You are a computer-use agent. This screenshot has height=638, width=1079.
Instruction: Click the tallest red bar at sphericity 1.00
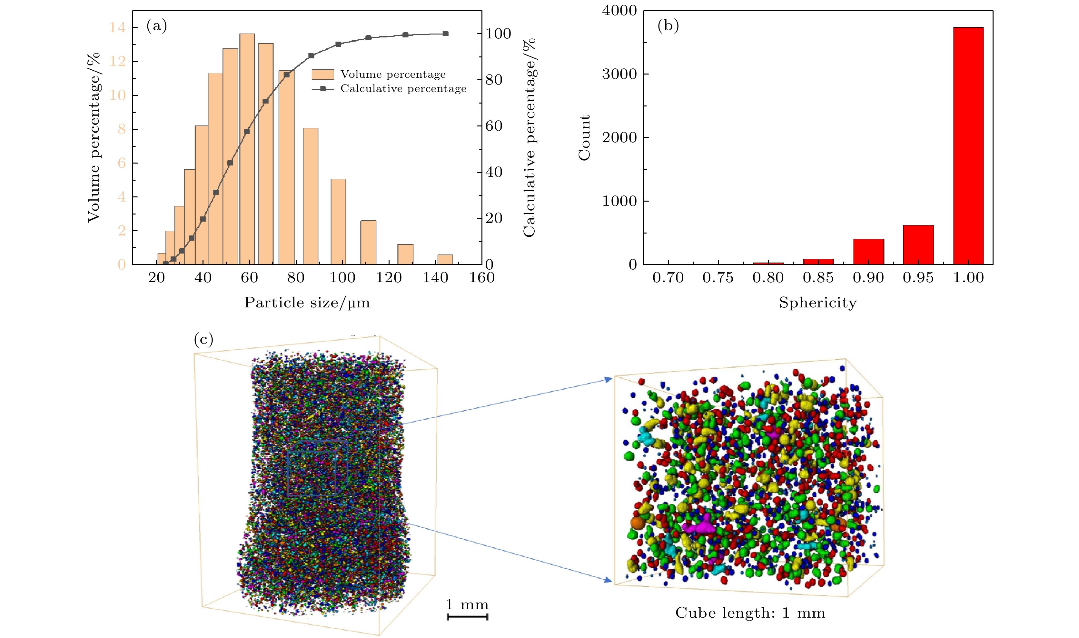coord(968,146)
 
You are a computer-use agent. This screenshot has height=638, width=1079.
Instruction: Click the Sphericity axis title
coord(818,303)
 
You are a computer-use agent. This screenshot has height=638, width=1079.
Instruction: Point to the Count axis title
coord(584,138)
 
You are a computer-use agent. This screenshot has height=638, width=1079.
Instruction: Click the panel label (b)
coord(668,26)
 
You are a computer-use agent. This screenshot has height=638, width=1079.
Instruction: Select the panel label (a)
coord(156,26)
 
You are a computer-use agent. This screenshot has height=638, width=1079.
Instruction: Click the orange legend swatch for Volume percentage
coord(323,75)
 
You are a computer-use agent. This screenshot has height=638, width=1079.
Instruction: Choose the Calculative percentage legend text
coord(403,89)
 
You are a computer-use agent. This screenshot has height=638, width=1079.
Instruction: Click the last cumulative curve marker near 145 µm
coord(445,34)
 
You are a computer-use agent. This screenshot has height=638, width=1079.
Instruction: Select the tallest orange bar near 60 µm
coord(247,149)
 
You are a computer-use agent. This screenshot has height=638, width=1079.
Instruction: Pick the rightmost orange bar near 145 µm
coord(445,260)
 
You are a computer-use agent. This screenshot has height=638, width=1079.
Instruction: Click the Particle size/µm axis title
coord(307,303)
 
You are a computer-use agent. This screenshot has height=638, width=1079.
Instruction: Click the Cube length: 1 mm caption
coord(750,613)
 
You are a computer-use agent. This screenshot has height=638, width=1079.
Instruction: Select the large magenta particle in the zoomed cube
coord(700,526)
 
